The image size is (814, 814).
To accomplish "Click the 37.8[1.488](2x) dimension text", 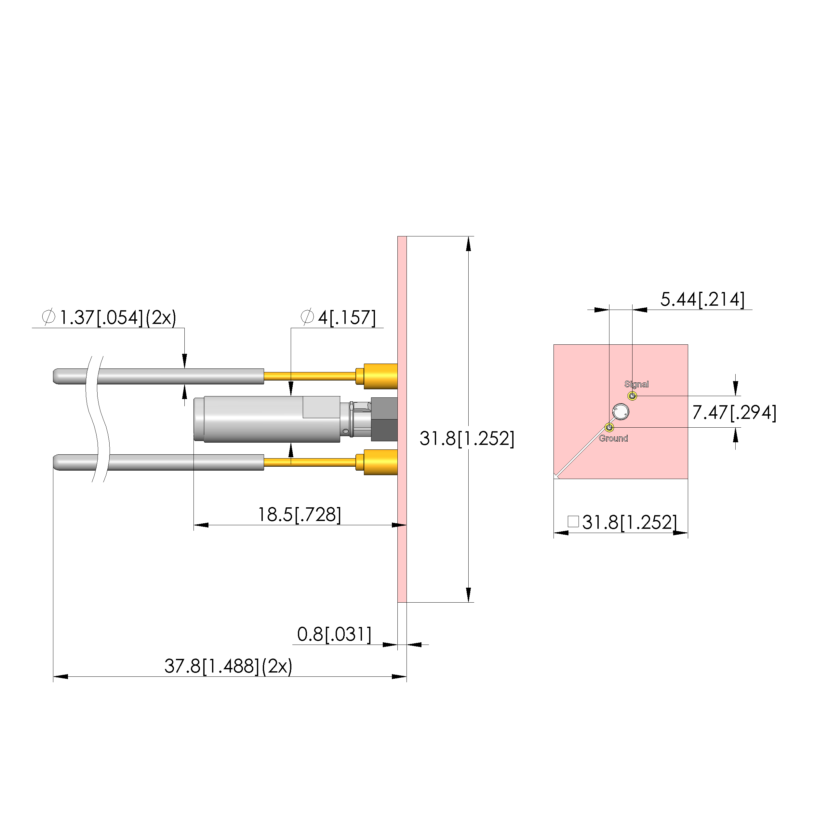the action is click(x=228, y=666).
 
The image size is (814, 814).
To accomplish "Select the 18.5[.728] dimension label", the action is click(x=299, y=514).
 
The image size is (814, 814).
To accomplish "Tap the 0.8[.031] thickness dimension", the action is click(x=334, y=634).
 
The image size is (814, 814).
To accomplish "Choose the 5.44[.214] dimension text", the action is click(x=702, y=299).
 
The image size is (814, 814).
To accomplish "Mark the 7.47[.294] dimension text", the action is click(x=734, y=412).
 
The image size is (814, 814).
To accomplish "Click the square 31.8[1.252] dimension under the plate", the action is click(x=622, y=522).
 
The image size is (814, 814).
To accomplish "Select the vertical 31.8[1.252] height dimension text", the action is click(x=467, y=439).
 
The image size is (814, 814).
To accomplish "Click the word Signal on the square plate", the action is click(x=636, y=384).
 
